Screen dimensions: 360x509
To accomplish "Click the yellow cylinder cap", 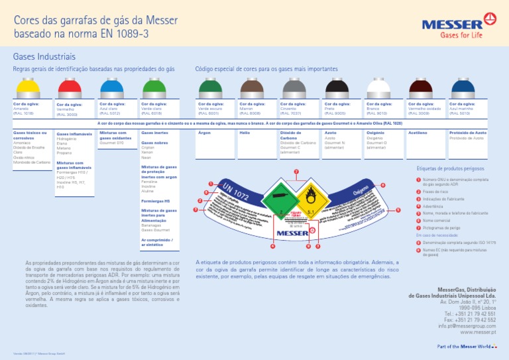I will [x=27, y=88].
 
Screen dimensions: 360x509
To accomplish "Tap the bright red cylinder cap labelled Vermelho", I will [x=70, y=88].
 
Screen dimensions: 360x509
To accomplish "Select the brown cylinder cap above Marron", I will [x=252, y=88].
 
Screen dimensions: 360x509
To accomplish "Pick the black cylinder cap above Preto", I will [x=337, y=88].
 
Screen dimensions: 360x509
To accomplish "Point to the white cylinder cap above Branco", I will [x=379, y=88].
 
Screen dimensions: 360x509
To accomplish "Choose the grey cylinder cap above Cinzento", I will [x=294, y=88].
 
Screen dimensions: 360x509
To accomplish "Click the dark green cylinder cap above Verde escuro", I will [x=210, y=88].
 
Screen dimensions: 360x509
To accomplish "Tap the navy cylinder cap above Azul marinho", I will [x=461, y=88].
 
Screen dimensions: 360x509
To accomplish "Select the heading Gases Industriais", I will [x=44, y=57].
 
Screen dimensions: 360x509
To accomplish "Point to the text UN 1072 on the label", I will [x=235, y=192].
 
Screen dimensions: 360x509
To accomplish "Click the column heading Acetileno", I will [x=418, y=133].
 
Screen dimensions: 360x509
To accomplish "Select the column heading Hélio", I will [x=245, y=133].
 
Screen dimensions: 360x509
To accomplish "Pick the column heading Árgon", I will [x=204, y=133].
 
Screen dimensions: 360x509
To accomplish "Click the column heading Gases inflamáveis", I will [x=74, y=133].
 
